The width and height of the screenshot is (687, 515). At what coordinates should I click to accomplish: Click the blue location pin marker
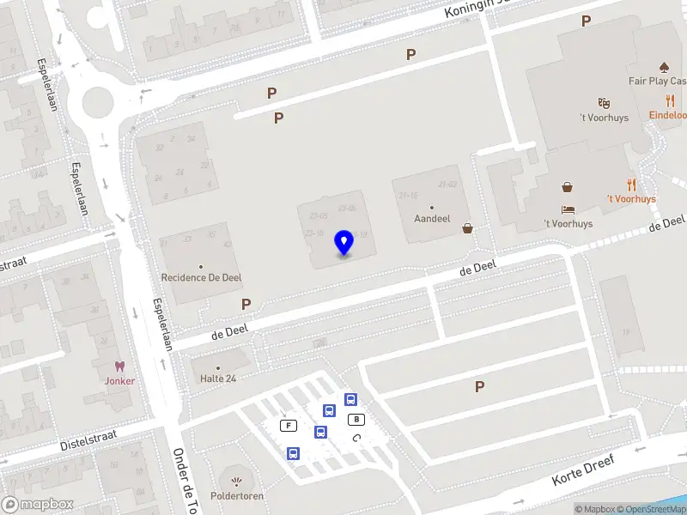pos(344,243)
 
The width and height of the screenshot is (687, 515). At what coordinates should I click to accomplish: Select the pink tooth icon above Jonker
pos(119,367)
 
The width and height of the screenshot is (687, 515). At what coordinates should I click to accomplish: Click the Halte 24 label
pos(218,379)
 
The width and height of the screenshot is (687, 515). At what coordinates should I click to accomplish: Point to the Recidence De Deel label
pos(201,277)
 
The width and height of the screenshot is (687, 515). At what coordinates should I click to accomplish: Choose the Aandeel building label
pos(432,219)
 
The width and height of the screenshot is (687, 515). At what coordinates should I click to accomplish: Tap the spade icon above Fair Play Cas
pos(663,66)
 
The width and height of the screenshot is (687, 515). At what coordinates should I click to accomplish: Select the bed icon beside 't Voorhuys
pos(568,209)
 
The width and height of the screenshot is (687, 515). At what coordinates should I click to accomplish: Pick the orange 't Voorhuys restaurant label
pos(631,198)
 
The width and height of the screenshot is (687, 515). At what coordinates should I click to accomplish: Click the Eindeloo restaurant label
pos(668,115)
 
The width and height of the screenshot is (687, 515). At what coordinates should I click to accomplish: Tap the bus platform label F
pos(289,426)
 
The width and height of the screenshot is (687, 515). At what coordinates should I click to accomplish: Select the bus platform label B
pos(356,419)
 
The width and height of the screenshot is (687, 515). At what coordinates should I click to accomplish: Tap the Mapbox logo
pos(37,505)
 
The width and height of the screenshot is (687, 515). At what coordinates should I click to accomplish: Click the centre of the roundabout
pos(97,104)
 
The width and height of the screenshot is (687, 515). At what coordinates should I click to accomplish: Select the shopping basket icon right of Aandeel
pos(467,228)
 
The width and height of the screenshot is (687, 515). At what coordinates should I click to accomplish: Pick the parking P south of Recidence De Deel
pos(246,304)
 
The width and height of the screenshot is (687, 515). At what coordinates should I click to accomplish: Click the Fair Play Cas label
pos(657,82)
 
